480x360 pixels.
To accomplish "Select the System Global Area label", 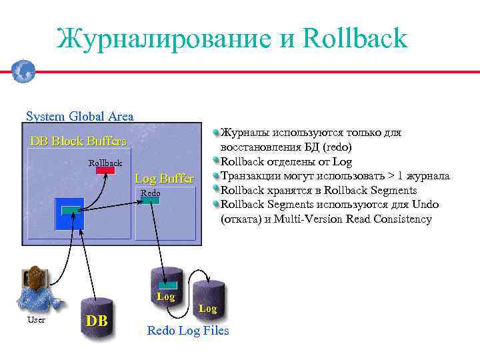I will coord(79,116).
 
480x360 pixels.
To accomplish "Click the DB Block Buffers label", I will coord(78,141).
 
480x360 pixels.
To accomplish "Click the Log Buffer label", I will coord(164,179).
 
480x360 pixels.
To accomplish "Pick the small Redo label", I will coord(150,193).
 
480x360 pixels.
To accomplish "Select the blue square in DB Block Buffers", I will coord(69,214).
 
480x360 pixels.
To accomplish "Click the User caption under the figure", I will coord(37,321).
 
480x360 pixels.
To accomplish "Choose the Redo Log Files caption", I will coord(187,331).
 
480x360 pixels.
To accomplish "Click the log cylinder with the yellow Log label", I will coord(166,285).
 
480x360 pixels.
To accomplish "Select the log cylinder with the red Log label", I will coord(208,299).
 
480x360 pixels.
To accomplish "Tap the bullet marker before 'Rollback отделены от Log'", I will coord(216,161).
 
